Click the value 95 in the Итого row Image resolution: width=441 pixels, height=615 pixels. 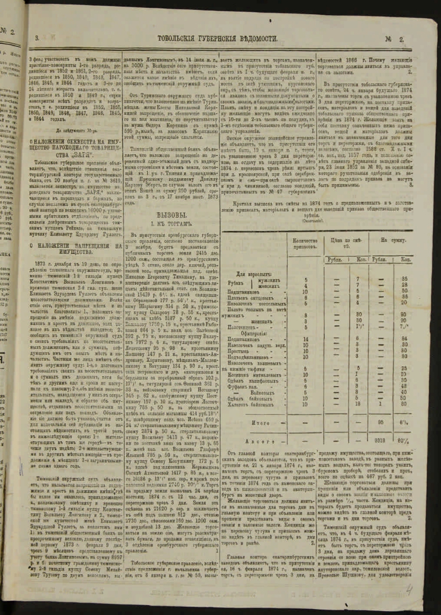click(x=380, y=424)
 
